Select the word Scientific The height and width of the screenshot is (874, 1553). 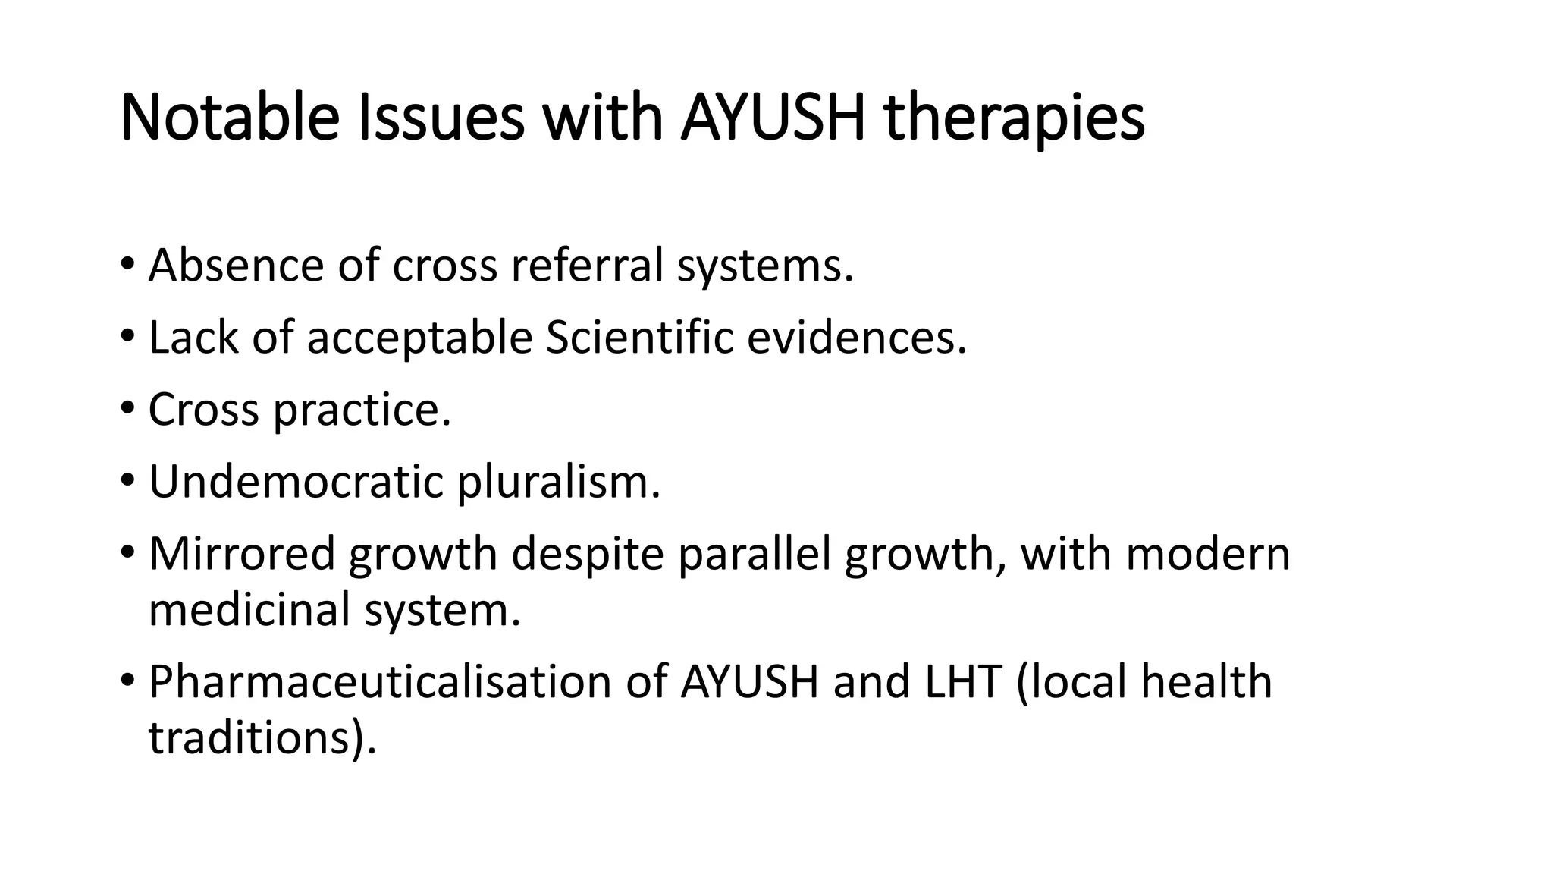(639, 337)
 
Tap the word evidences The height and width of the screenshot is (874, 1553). (856, 337)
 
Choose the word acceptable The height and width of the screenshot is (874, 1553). (419, 337)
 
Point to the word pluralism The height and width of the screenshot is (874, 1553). (558, 482)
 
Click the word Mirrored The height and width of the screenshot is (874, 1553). (241, 553)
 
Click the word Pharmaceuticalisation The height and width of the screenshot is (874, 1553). (380, 681)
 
